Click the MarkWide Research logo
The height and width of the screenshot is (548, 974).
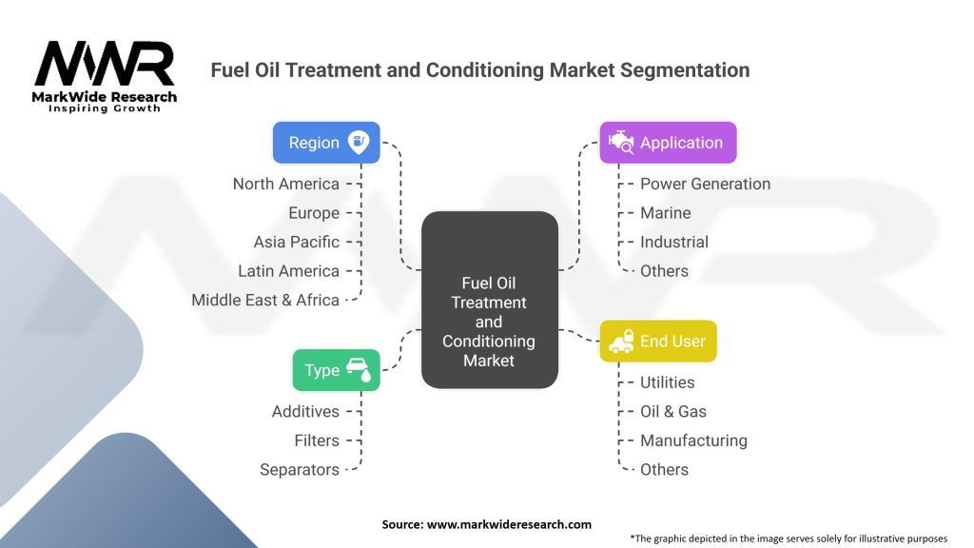click(105, 76)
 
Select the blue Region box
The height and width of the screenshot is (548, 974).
click(326, 143)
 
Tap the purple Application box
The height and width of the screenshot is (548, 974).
click(667, 143)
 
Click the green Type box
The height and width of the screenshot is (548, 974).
click(336, 370)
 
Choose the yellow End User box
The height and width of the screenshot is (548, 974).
click(657, 341)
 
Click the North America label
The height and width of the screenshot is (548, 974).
click(285, 184)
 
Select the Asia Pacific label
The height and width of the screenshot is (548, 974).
click(296, 242)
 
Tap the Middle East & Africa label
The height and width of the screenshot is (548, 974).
click(265, 300)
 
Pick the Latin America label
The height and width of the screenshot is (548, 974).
click(288, 271)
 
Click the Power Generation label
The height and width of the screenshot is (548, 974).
click(705, 184)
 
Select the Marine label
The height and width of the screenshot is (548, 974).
click(665, 213)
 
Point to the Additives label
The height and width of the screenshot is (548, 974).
click(305, 411)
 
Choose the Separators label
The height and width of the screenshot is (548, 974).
click(300, 469)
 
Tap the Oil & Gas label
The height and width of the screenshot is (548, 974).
click(672, 411)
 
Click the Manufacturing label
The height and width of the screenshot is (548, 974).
click(693, 440)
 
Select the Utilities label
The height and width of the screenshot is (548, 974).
click(667, 382)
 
